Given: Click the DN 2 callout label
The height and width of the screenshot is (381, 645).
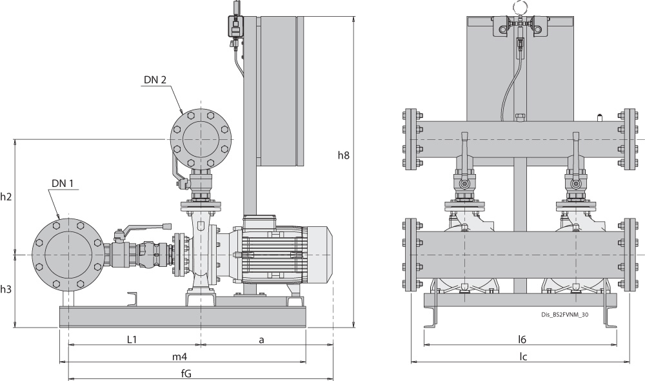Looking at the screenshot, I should tap(155, 80).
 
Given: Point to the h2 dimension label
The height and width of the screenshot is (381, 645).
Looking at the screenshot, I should tap(6, 197).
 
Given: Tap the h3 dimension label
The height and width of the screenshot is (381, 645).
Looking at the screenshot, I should tap(6, 289).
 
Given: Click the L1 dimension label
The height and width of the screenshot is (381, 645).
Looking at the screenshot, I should tap(132, 339).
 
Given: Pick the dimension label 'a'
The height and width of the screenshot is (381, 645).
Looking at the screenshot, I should tap(262, 339).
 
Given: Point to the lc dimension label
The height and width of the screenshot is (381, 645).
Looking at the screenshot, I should tap(524, 357).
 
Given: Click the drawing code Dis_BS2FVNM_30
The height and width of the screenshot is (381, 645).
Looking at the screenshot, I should tap(561, 315).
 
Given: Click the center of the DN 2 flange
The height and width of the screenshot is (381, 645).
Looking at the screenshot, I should tap(201, 139).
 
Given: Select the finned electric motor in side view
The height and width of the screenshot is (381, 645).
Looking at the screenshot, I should tap(284, 254).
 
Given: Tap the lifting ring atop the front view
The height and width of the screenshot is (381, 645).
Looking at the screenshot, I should tap(519, 7).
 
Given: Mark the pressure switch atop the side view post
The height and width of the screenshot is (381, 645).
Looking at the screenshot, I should tap(234, 26).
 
